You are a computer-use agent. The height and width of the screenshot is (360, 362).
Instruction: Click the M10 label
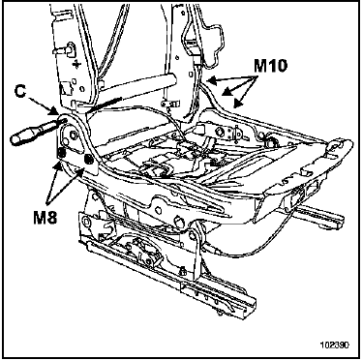pos(270,66)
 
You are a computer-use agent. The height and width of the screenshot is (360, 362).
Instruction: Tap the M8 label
pos(45,218)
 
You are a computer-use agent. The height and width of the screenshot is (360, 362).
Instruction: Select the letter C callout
pos(20,92)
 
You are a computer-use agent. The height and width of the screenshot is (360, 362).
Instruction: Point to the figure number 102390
pos(335,345)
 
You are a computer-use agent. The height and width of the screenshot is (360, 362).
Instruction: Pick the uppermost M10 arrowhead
pos(211,79)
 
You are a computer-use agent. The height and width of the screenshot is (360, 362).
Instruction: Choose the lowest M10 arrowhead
pos(237,104)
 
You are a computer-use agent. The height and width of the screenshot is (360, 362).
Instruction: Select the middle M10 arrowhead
pos(226,92)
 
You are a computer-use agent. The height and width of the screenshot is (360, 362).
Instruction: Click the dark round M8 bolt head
pos(87,159)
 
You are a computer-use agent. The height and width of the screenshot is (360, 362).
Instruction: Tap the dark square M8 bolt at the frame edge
pos(61,151)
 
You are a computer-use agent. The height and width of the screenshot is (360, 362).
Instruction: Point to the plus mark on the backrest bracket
pos(76,65)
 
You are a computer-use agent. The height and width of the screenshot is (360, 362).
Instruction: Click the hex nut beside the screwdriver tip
pos(72,135)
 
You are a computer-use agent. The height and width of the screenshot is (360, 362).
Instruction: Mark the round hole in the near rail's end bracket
pos(86,221)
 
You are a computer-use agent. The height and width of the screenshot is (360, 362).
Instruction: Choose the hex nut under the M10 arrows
pos(221,131)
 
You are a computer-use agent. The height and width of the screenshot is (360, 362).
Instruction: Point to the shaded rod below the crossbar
pos(104,105)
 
